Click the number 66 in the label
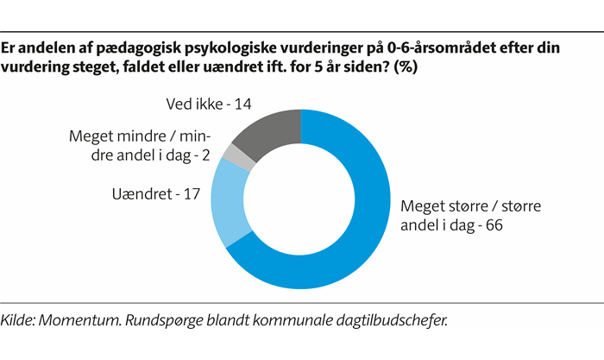click(x=493, y=225)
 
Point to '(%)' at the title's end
click(x=406, y=68)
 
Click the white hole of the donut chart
click(x=299, y=203)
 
